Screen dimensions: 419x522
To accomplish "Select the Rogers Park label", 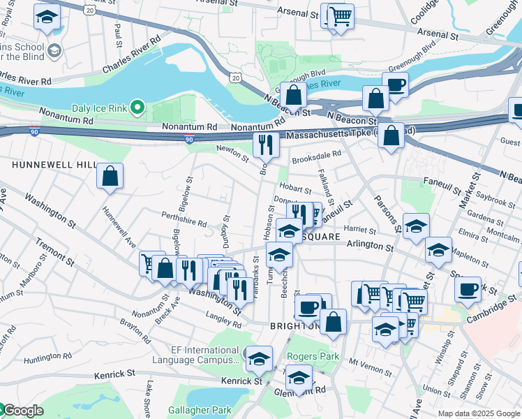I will coord(313,357).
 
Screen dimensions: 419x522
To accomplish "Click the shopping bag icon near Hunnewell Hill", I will coord(110,177).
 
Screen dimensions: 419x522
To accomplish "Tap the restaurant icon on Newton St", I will coord(265,145).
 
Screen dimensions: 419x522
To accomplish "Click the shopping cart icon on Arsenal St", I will coord(340,16).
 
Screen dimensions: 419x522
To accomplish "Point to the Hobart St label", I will coord(294,189).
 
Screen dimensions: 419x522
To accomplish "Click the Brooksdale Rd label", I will coord(317,154).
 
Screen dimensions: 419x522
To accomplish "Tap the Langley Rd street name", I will coord(223,318).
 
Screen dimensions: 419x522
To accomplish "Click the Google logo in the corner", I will coord(22,411).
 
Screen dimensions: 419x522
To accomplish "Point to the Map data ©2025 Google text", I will coord(479,413).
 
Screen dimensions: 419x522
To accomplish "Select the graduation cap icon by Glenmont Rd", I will coord(299,378).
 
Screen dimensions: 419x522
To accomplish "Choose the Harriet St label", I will coord(361,229).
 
